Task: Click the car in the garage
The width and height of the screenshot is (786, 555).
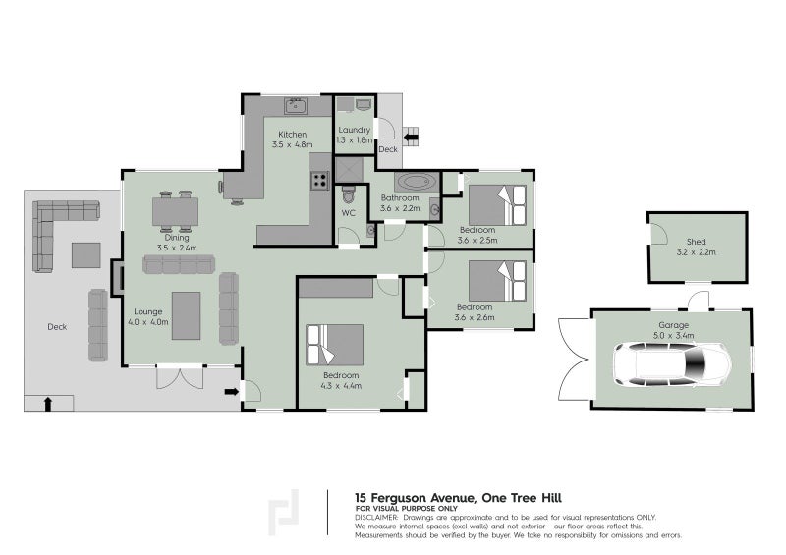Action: tap(673, 364)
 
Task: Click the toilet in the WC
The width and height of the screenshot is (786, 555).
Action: tap(347, 193)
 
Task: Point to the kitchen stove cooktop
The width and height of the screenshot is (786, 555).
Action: tap(319, 180)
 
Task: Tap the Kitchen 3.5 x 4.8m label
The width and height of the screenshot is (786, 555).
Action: tap(292, 139)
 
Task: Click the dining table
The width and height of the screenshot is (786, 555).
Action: tap(176, 210)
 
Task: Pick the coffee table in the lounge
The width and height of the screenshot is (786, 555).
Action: tap(187, 314)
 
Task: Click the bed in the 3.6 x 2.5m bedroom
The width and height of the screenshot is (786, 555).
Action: tap(495, 205)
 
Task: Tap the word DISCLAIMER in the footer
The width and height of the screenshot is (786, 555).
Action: tap(376, 517)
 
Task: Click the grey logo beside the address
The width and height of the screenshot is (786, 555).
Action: tap(286, 512)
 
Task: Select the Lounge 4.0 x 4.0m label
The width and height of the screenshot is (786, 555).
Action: tap(149, 315)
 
